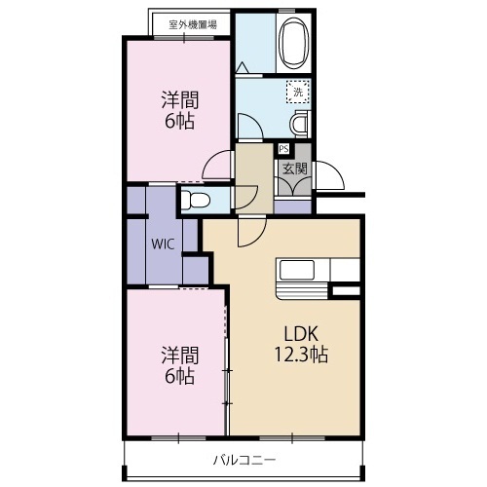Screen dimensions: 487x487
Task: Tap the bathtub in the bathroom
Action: point(292,45)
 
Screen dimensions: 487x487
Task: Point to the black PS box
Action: point(283,149)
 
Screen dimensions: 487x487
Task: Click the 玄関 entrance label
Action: point(293,168)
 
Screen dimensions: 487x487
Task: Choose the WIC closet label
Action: point(162,244)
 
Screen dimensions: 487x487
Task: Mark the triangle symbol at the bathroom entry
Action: point(241,67)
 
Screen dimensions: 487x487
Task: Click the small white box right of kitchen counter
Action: point(345,290)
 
